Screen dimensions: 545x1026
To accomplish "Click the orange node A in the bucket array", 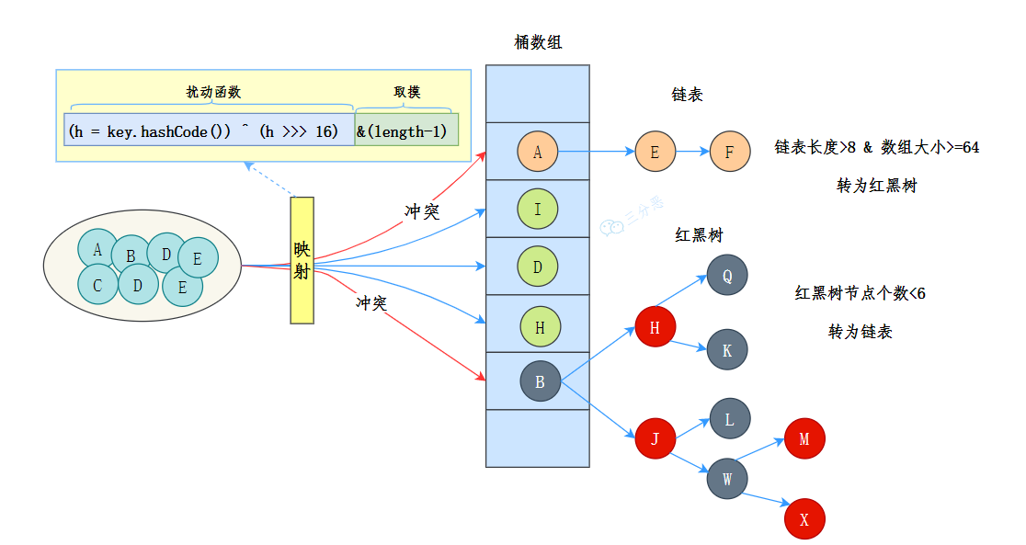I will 538,152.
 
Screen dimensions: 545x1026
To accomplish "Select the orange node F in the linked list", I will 730,152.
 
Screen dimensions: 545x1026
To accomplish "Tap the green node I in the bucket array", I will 538,209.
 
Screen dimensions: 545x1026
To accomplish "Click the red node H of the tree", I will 655,327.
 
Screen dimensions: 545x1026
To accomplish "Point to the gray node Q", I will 727,275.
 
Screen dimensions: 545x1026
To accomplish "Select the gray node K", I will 727,349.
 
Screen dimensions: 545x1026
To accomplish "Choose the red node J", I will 655,438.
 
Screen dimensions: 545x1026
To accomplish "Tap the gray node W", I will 727,478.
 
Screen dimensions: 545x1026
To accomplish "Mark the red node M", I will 804,438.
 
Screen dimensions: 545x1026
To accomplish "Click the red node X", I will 804,519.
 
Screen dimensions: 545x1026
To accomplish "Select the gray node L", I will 730,419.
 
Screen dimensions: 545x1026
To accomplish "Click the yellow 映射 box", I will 302,260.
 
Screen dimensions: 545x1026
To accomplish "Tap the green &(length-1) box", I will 406,131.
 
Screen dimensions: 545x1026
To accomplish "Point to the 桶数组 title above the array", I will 539,42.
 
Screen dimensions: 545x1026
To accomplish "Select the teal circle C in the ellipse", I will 97,285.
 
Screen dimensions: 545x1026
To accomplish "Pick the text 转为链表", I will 860,332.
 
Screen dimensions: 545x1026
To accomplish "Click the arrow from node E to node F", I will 692,152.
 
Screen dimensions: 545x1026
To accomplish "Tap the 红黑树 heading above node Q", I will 699,235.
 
